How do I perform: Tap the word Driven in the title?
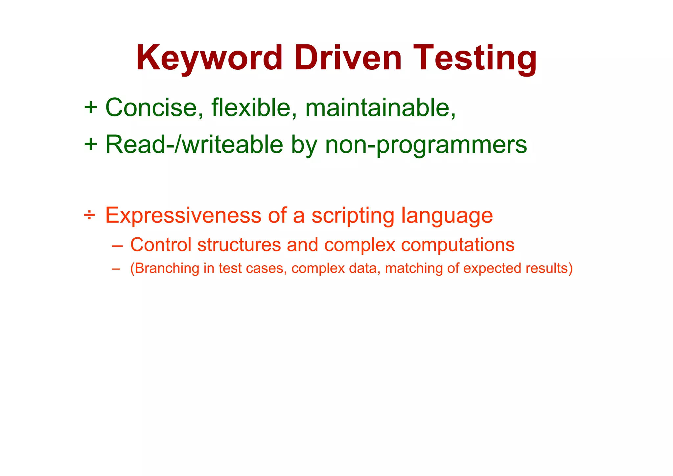[x=348, y=58]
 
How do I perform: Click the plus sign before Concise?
[x=90, y=107]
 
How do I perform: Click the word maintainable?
[x=380, y=107]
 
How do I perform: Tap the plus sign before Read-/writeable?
[x=90, y=144]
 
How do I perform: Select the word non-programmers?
[x=426, y=145]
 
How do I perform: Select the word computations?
[x=457, y=245]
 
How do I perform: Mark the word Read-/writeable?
[x=194, y=144]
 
